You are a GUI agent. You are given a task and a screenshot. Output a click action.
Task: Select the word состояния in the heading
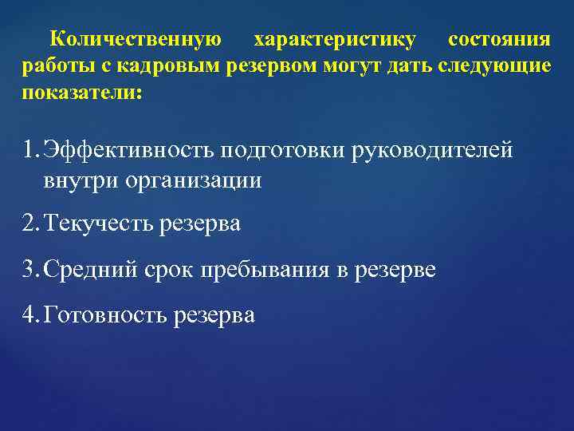(x=499, y=39)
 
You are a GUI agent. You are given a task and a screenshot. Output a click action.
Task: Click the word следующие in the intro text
(x=494, y=65)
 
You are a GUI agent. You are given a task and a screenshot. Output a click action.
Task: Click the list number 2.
(x=31, y=224)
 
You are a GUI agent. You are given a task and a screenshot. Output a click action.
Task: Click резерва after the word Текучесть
(x=199, y=224)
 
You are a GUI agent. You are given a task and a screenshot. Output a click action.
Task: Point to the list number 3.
(x=31, y=269)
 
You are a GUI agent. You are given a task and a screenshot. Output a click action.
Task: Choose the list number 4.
(x=31, y=314)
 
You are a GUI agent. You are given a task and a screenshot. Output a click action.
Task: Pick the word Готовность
(x=106, y=314)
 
